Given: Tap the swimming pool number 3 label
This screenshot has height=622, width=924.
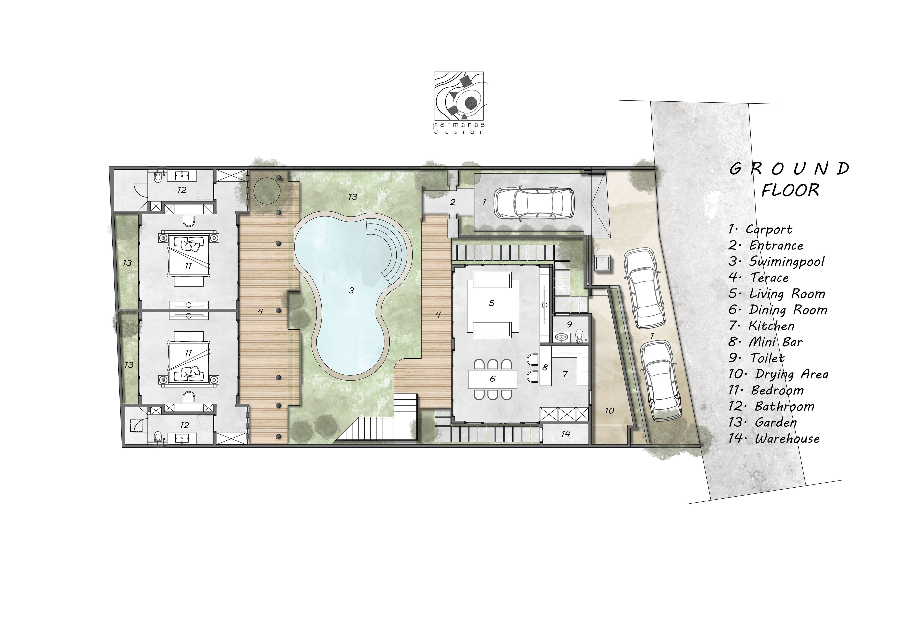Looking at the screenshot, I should coord(351,291).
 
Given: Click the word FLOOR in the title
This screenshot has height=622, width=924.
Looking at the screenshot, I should coord(790,190).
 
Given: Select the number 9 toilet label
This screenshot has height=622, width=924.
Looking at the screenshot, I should coord(569,325).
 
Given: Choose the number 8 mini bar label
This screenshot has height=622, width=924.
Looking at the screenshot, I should coord(545,367).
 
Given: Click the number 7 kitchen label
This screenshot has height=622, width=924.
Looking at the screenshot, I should coord(565,374).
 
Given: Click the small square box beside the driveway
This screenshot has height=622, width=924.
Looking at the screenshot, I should coord(602,263).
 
